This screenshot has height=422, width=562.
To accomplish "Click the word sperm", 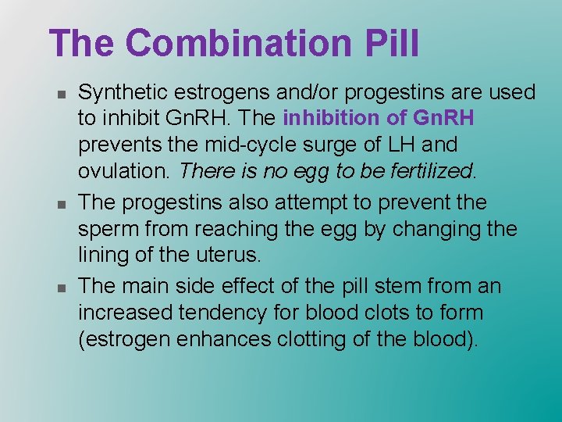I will [109, 230].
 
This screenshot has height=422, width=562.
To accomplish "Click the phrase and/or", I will [305, 93].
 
